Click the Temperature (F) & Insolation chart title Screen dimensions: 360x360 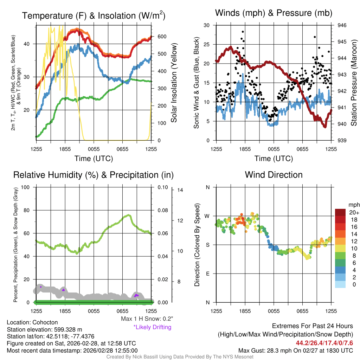tap(94, 15)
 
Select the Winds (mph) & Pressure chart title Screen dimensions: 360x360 tap(274, 13)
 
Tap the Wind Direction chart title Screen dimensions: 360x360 tap(274, 174)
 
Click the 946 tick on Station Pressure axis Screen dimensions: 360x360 tap(342, 25)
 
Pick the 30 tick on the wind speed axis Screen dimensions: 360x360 tap(207, 25)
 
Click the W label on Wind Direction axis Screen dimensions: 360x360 tap(207, 216)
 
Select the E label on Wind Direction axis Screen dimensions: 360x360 tap(207, 274)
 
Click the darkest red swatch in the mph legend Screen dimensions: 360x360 tap(340, 212)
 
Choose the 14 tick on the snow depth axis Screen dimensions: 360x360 tap(180, 190)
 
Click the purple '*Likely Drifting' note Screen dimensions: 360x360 tap(152, 327)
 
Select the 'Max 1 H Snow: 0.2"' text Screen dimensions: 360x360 tap(147, 319)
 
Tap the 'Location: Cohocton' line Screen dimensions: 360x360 tap(32, 322)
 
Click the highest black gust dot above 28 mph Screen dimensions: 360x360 tap(243, 32)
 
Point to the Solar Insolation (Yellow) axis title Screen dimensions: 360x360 tap(174, 83)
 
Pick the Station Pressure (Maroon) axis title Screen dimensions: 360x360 tap(354, 83)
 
